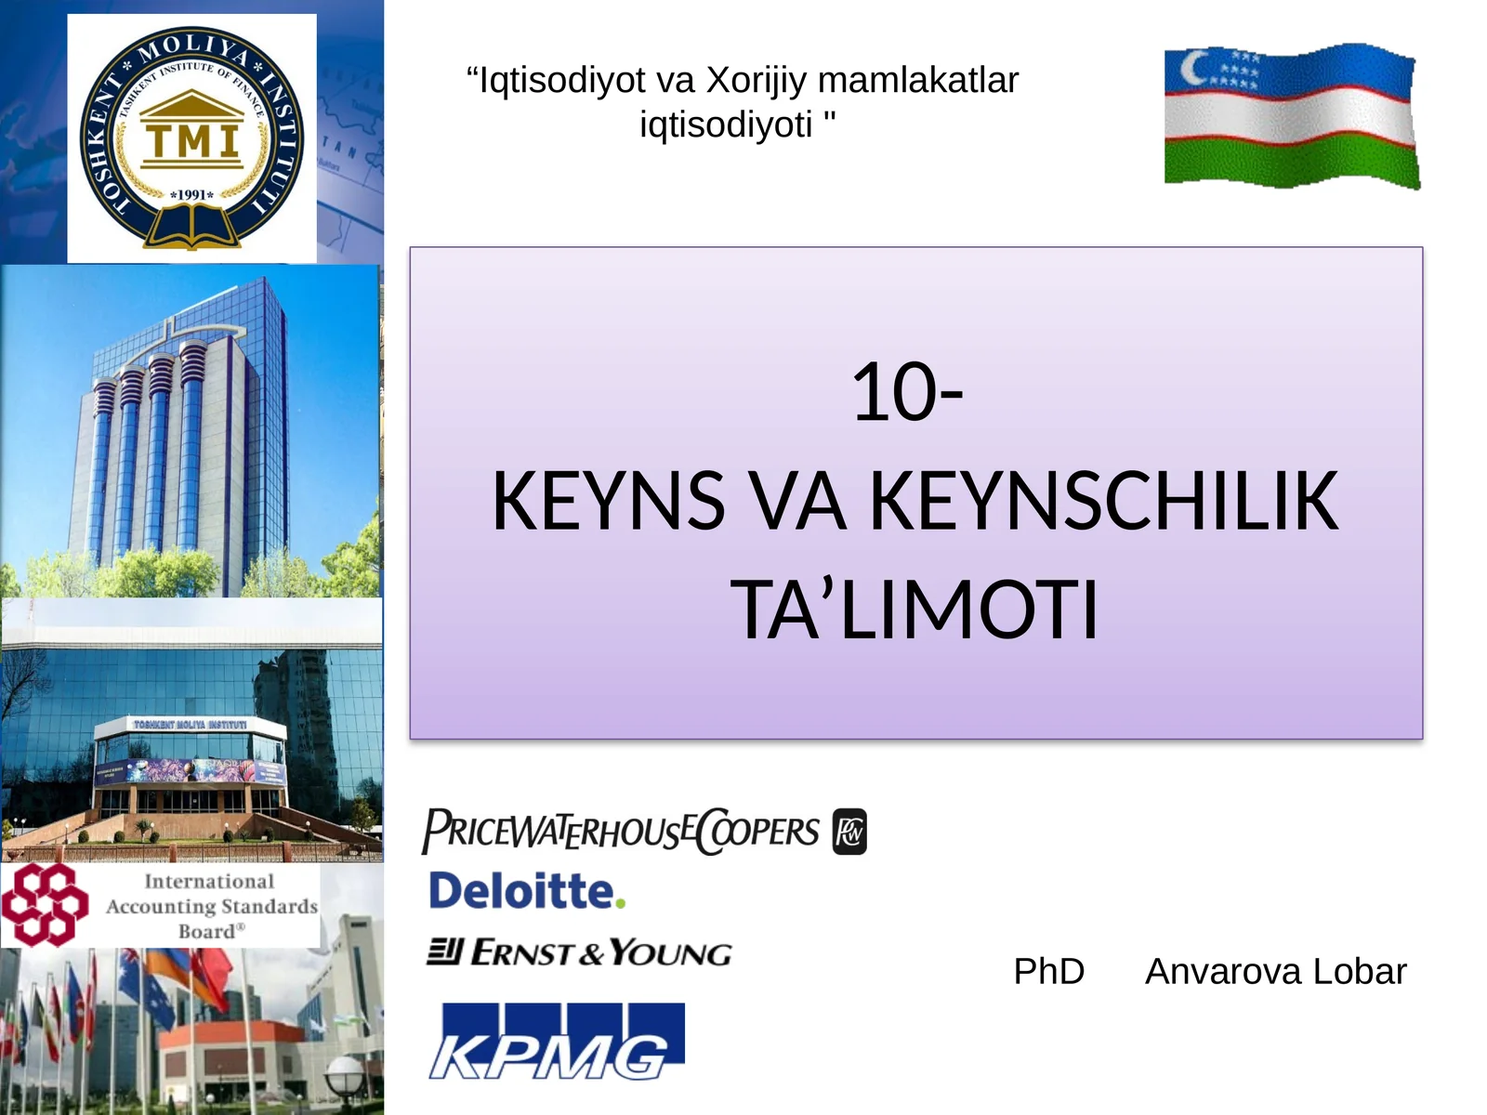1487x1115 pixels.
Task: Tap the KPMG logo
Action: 556,1042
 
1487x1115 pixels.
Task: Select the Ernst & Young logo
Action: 579,952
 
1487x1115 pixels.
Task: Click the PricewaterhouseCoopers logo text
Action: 621,831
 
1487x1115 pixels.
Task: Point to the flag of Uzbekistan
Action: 1291,116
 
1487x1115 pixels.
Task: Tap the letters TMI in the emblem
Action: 192,141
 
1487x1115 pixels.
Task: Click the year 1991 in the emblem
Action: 192,195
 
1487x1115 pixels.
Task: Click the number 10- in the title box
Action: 907,393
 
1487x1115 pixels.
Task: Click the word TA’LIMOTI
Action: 915,610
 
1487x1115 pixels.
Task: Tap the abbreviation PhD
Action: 1048,972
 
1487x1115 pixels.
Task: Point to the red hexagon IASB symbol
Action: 44,904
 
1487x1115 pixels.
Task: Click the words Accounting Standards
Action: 211,906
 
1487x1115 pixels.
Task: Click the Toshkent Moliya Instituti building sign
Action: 190,724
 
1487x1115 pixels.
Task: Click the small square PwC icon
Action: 849,832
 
